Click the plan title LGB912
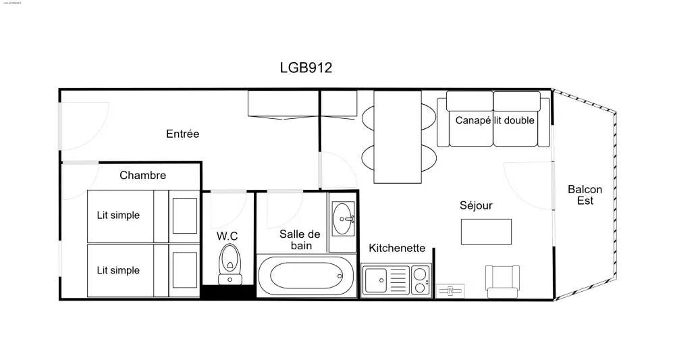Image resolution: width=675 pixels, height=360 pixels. click(x=306, y=68)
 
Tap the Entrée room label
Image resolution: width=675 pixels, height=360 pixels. click(x=182, y=134)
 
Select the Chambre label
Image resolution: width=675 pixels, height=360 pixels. click(x=142, y=176)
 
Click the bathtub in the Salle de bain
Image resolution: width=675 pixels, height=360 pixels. click(x=306, y=276)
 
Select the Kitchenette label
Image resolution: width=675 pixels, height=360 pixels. click(x=397, y=248)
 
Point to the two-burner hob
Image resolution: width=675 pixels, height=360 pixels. click(x=420, y=280)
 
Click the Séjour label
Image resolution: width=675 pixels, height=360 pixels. click(x=476, y=205)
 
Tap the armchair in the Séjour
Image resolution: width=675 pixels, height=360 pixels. click(x=503, y=280)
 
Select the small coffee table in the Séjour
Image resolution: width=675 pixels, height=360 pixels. click(x=486, y=231)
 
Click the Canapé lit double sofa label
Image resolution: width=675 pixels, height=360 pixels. click(x=495, y=120)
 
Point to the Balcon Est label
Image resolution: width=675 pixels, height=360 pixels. click(x=585, y=195)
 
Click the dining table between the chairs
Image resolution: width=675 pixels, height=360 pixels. click(x=398, y=136)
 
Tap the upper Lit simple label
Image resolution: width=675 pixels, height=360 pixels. click(x=118, y=215)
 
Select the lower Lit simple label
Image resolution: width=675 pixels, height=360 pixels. click(x=118, y=270)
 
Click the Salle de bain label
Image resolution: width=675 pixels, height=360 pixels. click(x=300, y=240)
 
